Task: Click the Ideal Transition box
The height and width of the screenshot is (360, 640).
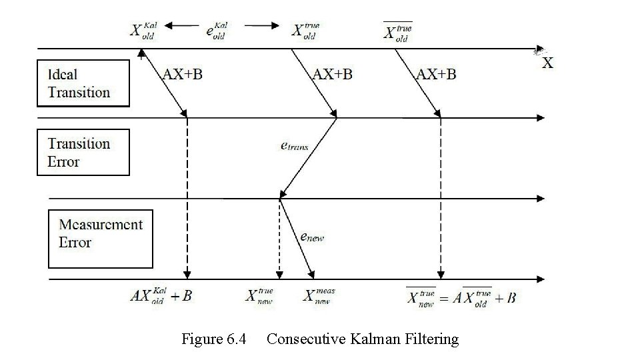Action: tap(83, 83)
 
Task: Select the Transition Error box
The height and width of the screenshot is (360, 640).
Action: tap(83, 153)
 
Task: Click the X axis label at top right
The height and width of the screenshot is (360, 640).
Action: tap(547, 63)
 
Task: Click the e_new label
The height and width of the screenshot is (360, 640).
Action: tap(312, 237)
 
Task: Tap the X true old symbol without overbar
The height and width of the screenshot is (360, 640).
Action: tap(306, 31)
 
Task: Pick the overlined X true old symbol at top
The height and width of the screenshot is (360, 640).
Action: tap(398, 31)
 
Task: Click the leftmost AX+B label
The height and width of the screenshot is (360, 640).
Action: tap(182, 74)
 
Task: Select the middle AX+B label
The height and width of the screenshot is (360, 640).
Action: tap(332, 74)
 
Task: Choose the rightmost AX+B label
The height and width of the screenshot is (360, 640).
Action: tap(436, 74)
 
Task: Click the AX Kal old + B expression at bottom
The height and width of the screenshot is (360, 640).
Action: tap(161, 296)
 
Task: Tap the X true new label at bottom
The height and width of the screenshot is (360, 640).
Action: tap(260, 296)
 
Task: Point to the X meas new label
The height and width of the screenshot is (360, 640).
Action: tap(318, 296)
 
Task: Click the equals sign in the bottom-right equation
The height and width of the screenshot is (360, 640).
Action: tap(445, 297)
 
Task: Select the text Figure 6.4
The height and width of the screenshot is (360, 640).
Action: tap(213, 339)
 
